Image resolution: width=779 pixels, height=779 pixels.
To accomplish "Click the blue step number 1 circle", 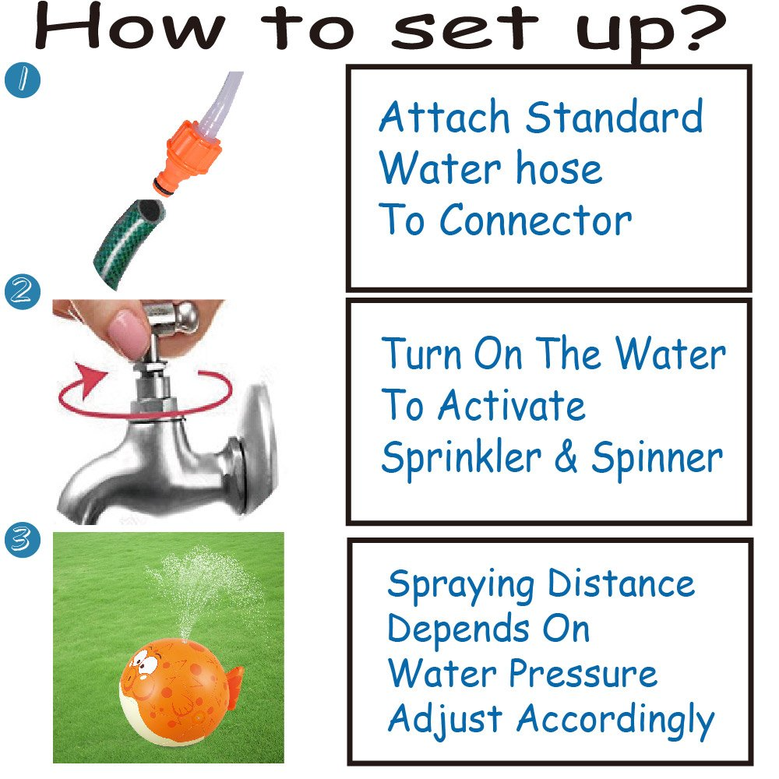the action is click(x=23, y=79).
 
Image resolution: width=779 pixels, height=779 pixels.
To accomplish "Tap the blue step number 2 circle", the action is click(x=23, y=291).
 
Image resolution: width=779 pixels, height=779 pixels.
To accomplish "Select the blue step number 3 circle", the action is click(x=23, y=540).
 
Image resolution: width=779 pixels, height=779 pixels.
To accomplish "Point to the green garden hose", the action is click(x=129, y=244).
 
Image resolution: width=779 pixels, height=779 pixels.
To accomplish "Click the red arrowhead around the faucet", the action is click(x=90, y=379).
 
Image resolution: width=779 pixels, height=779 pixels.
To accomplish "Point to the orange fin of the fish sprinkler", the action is click(x=234, y=687).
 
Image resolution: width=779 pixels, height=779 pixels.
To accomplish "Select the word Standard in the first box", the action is click(x=615, y=116).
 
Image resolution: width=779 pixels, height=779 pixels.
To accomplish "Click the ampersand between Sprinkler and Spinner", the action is click(x=566, y=456).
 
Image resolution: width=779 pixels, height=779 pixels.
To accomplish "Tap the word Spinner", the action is click(x=657, y=459).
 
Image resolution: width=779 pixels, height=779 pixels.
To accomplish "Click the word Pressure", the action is click(x=583, y=674).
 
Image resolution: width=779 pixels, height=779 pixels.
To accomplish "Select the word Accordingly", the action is click(x=615, y=721).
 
